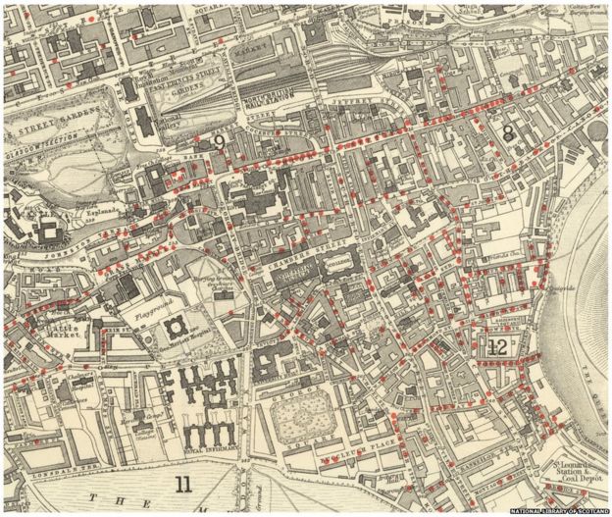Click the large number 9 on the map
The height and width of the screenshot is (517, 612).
tap(220, 142)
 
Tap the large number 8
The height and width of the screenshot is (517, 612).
tap(508, 132)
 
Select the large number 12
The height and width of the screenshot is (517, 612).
tap(497, 346)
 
